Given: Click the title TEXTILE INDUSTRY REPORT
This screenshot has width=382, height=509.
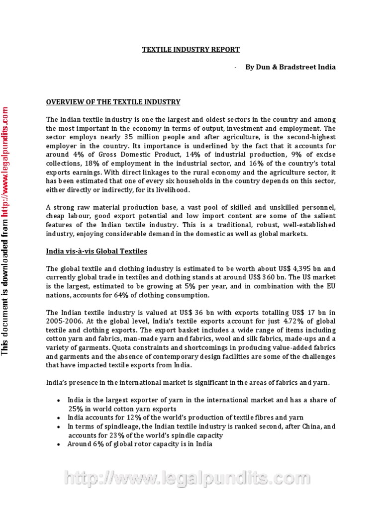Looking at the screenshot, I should point(191,50).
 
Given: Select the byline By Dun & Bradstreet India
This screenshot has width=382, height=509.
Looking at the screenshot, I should point(290,67).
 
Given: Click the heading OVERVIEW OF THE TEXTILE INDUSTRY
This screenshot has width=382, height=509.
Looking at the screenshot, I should point(113,102).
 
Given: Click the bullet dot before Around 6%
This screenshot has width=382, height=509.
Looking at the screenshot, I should point(59,444).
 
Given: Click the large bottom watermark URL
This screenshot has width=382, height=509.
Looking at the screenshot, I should point(191,480).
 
